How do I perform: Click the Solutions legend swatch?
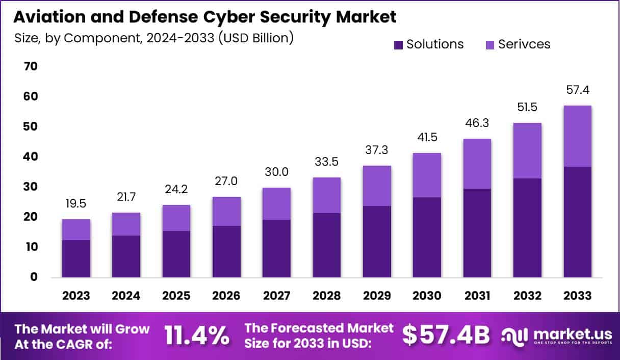[x=398, y=45]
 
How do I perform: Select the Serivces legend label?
[x=524, y=44]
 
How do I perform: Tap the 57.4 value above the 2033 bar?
[x=577, y=90]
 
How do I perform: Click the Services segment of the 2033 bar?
[x=577, y=136]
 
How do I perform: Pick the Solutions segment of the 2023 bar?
[x=76, y=259]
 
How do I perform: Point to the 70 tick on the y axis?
[x=30, y=66]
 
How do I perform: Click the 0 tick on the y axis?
[x=34, y=277]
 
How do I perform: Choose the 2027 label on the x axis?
[x=277, y=296]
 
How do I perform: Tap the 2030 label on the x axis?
[x=427, y=296]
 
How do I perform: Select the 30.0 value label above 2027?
[x=277, y=172]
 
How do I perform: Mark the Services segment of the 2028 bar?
[x=327, y=195]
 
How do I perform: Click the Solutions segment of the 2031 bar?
[x=477, y=233]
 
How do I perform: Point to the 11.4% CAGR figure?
[x=196, y=335]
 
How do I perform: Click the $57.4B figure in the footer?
[x=446, y=335]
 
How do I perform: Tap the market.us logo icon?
[x=513, y=336]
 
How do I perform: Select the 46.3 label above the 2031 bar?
[x=477, y=123]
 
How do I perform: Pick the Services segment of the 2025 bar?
[x=176, y=218]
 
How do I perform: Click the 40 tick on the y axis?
[x=30, y=157]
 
